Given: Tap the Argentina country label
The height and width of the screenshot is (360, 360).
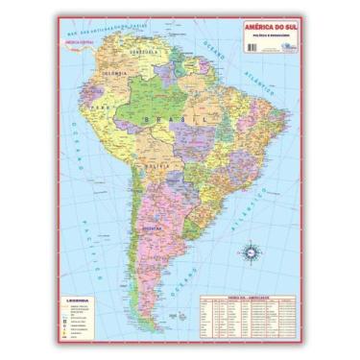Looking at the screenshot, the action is coord(148,230).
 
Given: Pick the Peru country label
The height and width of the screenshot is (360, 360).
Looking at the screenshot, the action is coord(101,130).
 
